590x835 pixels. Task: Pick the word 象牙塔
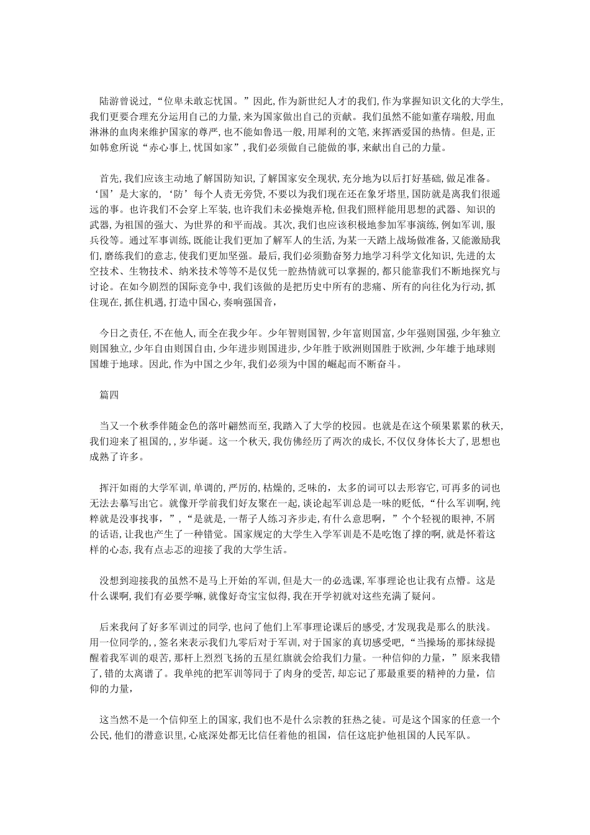click(x=401, y=194)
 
